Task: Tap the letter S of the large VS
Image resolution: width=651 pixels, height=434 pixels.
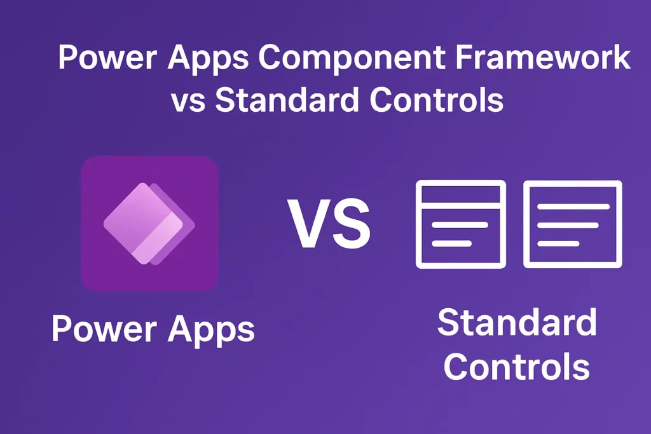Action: point(350,224)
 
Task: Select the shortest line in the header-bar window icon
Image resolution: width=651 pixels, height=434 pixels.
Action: point(451,243)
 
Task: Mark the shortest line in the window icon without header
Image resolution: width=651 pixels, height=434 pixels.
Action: point(559,243)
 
